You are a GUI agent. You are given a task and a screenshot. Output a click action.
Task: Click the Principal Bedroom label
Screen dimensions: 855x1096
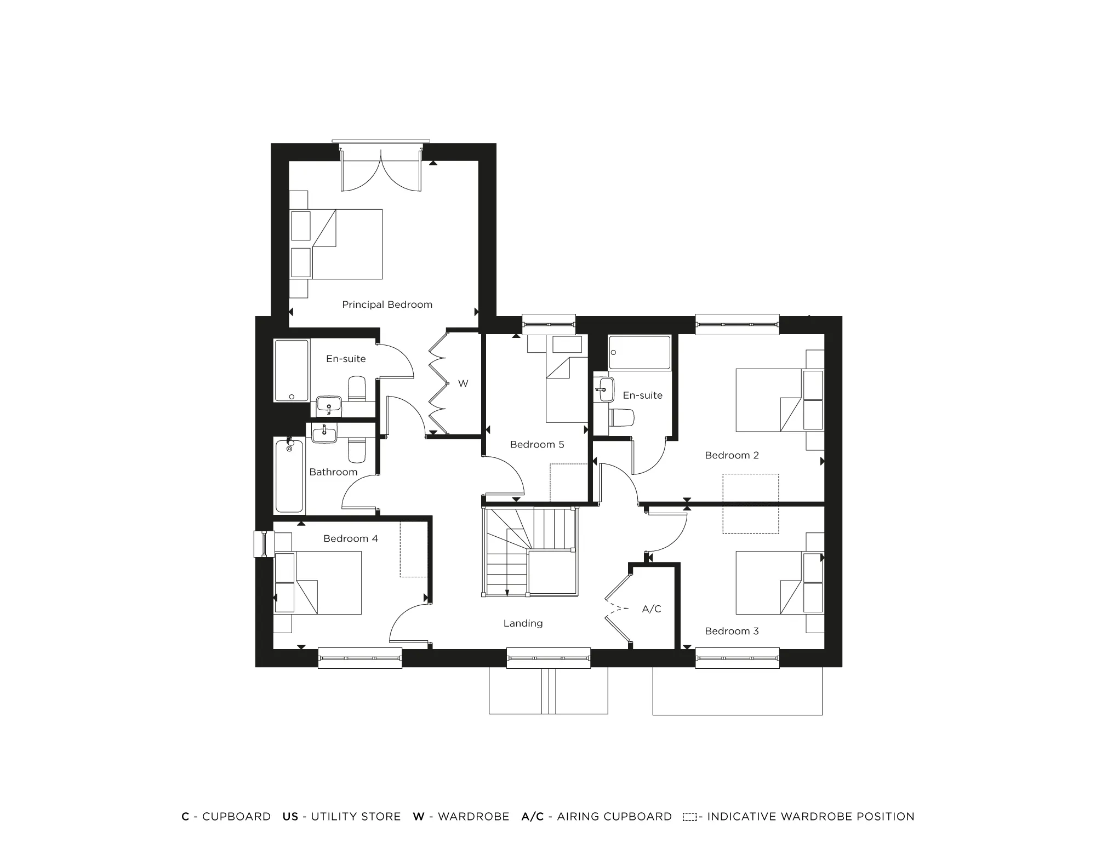tap(387, 305)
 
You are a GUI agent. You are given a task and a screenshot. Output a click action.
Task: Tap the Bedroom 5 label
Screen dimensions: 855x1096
tap(536, 444)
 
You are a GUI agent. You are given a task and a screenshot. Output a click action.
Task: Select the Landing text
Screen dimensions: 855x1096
tap(523, 623)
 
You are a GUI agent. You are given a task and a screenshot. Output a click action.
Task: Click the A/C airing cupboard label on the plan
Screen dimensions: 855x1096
tap(652, 609)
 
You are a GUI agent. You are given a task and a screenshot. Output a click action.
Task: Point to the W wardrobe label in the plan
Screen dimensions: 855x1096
tap(463, 383)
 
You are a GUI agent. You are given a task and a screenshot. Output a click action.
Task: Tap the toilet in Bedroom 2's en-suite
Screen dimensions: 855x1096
tap(623, 417)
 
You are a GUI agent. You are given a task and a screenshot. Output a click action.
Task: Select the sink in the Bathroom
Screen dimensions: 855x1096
tap(324, 434)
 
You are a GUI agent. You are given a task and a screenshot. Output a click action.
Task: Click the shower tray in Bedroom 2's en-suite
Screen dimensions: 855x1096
tap(640, 353)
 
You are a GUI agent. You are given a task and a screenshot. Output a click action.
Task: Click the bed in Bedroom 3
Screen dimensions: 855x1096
tap(769, 582)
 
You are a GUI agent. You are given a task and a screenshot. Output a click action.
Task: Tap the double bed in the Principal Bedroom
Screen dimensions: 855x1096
tap(346, 244)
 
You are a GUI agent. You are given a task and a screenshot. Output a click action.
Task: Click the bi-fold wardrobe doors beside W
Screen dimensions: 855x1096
tap(438, 383)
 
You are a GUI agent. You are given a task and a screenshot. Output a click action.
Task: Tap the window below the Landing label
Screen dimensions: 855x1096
tap(549, 658)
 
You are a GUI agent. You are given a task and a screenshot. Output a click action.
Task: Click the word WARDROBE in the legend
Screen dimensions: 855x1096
tap(473, 817)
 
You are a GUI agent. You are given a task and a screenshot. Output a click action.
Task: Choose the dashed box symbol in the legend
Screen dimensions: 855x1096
tap(689, 817)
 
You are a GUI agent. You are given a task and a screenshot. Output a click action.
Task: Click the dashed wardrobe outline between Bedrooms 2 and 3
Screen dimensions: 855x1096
tap(750, 504)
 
